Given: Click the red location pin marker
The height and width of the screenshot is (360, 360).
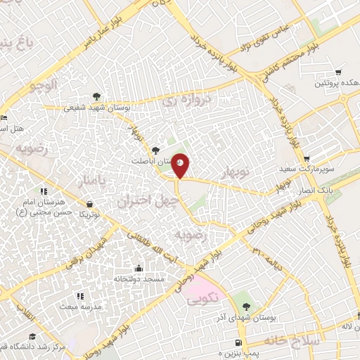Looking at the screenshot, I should pyautogui.click(x=181, y=165).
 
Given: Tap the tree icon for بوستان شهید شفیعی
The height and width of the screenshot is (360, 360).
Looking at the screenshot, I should pyautogui.click(x=96, y=97).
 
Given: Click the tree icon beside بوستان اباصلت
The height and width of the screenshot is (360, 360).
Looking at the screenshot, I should pyautogui.click(x=155, y=149).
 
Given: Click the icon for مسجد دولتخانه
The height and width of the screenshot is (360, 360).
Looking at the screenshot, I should pyautogui.click(x=139, y=268).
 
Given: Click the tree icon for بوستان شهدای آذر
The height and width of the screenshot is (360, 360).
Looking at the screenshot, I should pyautogui.click(x=245, y=305).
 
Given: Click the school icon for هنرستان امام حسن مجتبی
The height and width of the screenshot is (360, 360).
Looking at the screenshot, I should pyautogui.click(x=43, y=191).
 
